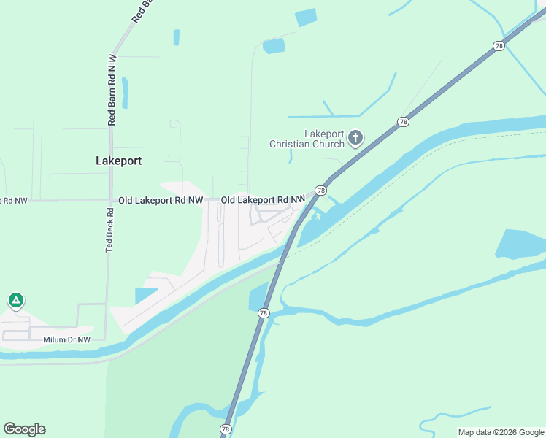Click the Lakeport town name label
pyautogui.click(x=118, y=161)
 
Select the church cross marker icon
pyautogui.click(x=355, y=137)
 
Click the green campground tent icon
pyautogui.click(x=15, y=300)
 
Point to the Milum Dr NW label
pyautogui.click(x=66, y=339)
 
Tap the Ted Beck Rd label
pyautogui.click(x=109, y=231)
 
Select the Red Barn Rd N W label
pyautogui.click(x=112, y=90)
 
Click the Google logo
pyautogui.click(x=24, y=429)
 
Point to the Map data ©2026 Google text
pyautogui.click(x=501, y=432)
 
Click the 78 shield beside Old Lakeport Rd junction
pyautogui.click(x=320, y=191)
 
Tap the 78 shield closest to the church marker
pyautogui.click(x=402, y=122)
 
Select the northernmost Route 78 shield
pyautogui.click(x=499, y=45)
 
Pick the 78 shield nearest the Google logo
pyautogui.click(x=226, y=429)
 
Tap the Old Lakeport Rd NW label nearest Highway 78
pyautogui.click(x=263, y=199)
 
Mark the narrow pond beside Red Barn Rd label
pyautogui.click(x=125, y=93)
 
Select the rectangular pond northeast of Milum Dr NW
pyautogui.click(x=145, y=296)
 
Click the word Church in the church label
pyautogui.click(x=328, y=144)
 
